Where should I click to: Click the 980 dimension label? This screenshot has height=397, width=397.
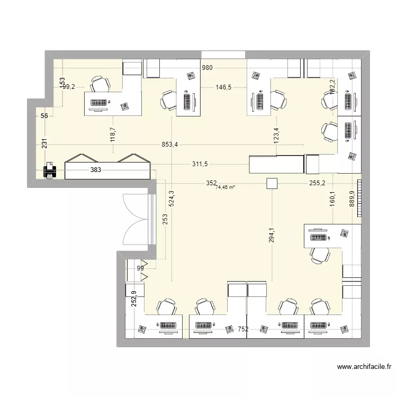[208, 67]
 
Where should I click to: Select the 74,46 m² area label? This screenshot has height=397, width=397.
[225, 187]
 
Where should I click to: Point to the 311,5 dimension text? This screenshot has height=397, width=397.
[200, 165]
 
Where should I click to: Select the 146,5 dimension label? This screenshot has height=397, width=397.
[223, 88]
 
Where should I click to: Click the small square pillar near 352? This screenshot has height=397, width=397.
[272, 183]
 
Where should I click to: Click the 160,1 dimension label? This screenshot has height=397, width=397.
[332, 202]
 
